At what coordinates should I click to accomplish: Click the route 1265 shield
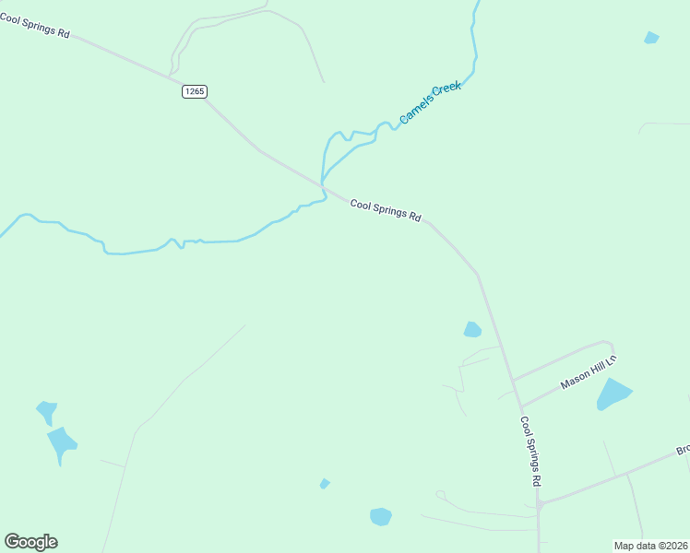coord(194,91)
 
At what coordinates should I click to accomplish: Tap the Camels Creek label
coord(430,102)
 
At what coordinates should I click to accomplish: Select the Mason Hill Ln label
coord(589,372)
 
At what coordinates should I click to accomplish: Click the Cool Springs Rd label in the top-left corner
coord(36,25)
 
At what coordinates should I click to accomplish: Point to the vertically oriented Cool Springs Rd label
coord(529,452)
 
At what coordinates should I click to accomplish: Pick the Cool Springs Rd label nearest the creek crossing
coord(386,211)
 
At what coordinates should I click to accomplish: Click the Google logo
coord(30,541)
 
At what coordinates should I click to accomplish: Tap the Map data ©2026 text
coord(650,545)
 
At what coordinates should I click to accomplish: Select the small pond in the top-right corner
coord(651,38)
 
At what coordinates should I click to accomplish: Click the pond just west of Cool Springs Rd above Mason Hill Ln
coord(472,329)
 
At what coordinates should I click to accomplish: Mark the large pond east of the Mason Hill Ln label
coord(613,394)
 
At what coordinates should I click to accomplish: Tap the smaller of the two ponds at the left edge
coord(46,411)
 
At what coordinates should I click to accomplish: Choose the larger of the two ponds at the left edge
coord(62,444)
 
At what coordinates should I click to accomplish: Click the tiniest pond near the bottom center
coord(324,483)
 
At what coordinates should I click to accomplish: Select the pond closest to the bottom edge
coord(381,516)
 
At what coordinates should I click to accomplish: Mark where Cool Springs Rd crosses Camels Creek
coord(323,187)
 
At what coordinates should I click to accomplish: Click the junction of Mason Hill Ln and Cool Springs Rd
coord(521,406)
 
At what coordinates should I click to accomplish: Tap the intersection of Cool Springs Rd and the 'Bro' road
coord(540,503)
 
